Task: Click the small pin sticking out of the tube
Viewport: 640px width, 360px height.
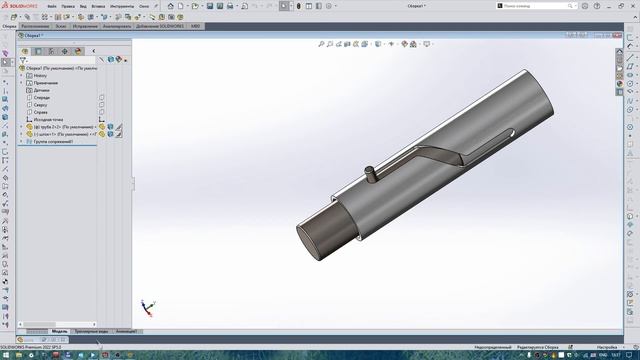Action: [x=369, y=172]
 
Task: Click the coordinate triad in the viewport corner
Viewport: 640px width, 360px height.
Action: [x=147, y=306]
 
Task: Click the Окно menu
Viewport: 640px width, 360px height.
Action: [x=144, y=6]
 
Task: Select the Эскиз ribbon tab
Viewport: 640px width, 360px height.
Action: [x=62, y=26]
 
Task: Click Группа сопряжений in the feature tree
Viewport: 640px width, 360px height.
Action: [x=55, y=142]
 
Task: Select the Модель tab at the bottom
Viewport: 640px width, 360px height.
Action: [x=59, y=330]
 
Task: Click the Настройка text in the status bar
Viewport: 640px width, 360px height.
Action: [x=607, y=347]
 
